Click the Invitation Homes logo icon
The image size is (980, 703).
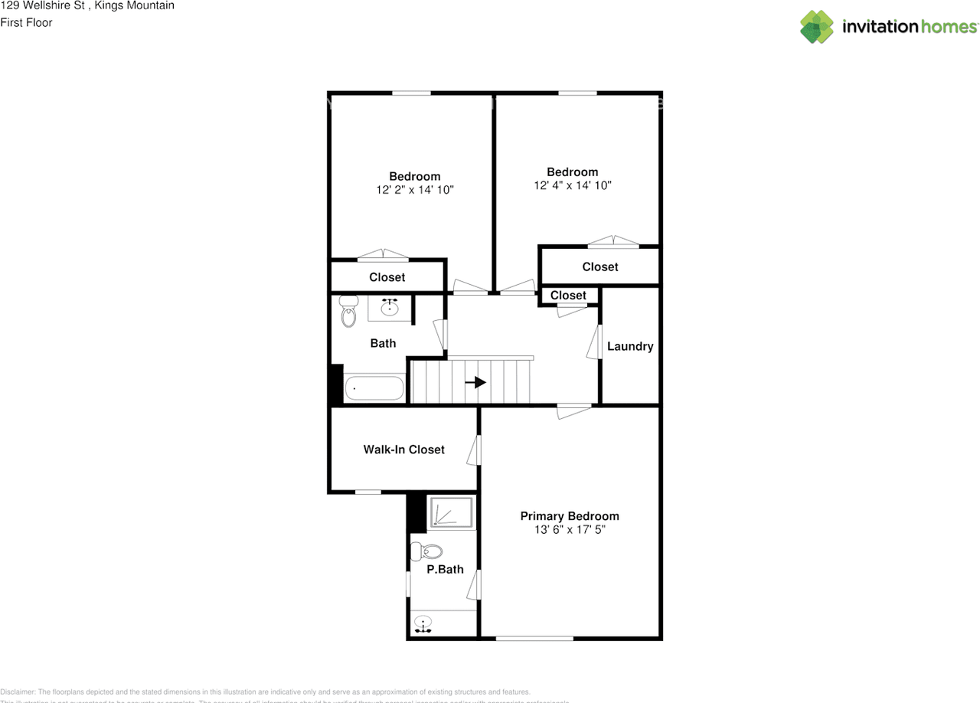tap(817, 27)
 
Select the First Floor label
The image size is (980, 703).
tap(27, 23)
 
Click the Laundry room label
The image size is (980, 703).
tap(630, 346)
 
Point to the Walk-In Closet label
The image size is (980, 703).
tap(403, 450)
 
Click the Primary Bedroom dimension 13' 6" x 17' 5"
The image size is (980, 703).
tap(570, 529)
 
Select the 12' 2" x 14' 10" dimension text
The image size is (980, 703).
tap(415, 190)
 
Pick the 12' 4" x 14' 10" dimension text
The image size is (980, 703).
tap(573, 185)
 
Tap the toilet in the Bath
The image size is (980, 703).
tap(348, 311)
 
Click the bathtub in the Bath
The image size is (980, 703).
tap(374, 388)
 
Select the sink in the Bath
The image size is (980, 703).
tap(390, 307)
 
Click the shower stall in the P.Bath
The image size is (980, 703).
tap(452, 512)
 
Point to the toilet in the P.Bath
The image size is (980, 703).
tap(426, 551)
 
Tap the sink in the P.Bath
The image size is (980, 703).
tap(423, 624)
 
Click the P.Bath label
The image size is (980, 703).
tap(446, 570)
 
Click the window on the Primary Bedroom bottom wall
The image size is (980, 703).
tap(534, 638)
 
